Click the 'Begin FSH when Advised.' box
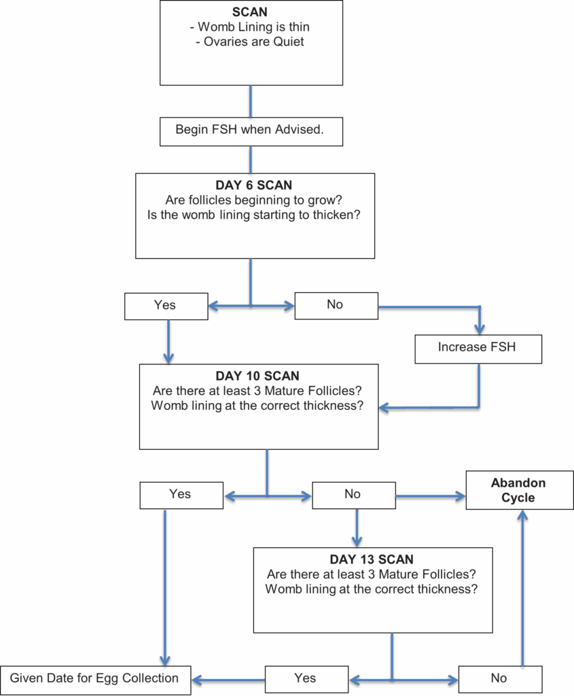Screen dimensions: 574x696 pos(251,131)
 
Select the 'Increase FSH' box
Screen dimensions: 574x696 pos(478,349)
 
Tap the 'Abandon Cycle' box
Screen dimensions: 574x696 pos(520,490)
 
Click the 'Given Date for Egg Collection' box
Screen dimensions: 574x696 pos(95,680)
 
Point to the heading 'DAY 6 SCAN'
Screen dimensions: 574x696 pos(254,185)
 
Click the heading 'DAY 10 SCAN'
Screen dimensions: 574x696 pos(257,376)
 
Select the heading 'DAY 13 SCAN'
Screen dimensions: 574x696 pos(372,559)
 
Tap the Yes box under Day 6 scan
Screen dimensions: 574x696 pos(166,307)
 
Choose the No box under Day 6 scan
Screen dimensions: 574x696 pos(336,306)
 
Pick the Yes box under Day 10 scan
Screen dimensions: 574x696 pos(181,495)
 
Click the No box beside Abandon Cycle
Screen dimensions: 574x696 pos(354,495)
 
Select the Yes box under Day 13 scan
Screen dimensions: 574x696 pos(306,679)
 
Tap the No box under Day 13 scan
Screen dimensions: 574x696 pos(501,679)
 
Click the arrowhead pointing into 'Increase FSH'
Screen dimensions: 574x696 pos(479,330)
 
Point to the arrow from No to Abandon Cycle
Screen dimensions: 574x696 pos(430,496)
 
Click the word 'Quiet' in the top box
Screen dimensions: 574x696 pos(288,41)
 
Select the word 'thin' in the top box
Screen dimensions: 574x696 pos(299,27)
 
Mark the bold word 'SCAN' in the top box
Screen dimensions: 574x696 pos(250,12)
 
